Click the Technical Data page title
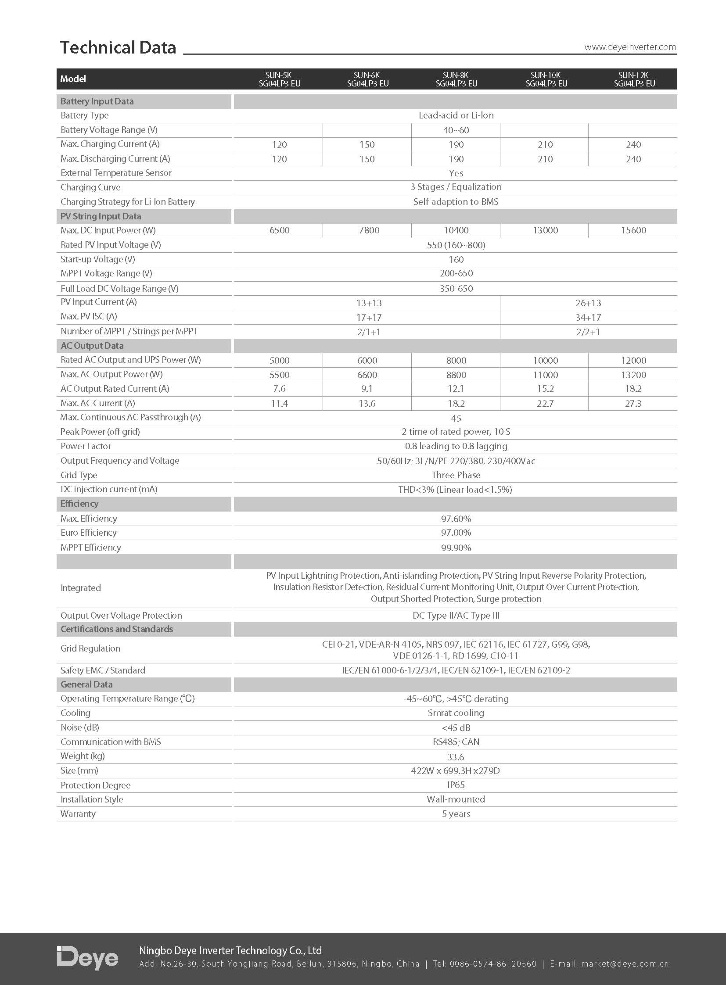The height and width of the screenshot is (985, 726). point(118,47)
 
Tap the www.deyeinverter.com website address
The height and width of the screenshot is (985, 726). point(630,47)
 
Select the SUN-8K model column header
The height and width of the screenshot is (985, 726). point(455,79)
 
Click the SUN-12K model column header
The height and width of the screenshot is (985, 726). point(633,79)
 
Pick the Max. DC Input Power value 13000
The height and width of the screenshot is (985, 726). point(545,230)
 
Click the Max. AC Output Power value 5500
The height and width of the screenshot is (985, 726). point(279,375)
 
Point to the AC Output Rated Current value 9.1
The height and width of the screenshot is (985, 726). point(367,389)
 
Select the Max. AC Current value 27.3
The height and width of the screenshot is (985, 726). point(633,403)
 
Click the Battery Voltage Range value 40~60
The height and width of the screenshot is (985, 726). point(456,130)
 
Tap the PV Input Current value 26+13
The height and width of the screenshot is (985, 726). point(588,303)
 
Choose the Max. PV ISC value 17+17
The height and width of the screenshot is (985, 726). point(369,317)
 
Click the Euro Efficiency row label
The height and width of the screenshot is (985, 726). point(88,533)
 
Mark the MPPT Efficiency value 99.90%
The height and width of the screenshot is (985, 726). point(456,548)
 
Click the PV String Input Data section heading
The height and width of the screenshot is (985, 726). point(101,216)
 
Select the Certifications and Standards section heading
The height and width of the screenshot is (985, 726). point(116,629)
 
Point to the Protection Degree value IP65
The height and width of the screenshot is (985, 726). point(456,784)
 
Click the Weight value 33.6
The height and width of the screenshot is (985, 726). point(455,757)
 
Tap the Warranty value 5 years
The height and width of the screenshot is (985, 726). point(456,813)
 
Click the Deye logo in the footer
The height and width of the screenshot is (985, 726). point(87,958)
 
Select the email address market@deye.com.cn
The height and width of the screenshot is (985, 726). point(625,964)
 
